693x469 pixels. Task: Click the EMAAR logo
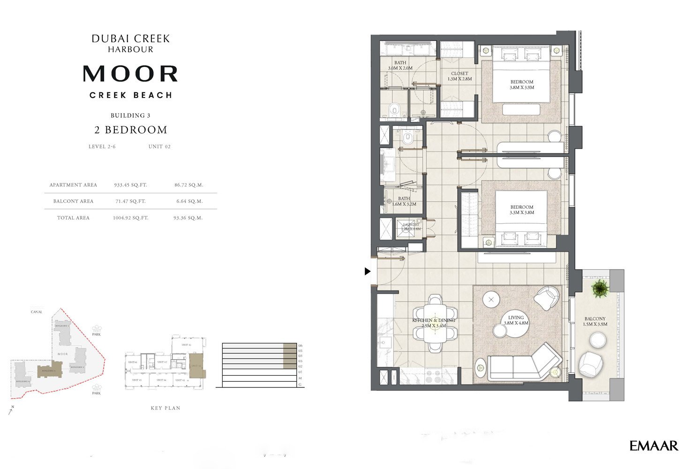click(x=654, y=446)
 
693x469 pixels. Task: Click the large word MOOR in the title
click(x=130, y=74)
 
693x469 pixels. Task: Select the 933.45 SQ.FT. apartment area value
click(x=130, y=185)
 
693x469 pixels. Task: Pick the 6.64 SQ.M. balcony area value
click(x=188, y=201)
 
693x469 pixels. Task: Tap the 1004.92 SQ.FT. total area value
click(x=130, y=218)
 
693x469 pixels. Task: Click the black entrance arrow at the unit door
click(x=368, y=271)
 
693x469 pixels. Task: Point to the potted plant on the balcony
click(x=600, y=288)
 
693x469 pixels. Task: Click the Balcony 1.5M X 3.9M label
click(x=595, y=321)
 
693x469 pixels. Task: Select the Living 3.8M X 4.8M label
click(x=516, y=320)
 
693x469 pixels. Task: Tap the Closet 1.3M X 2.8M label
click(x=459, y=76)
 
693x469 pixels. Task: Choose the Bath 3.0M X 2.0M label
click(x=400, y=65)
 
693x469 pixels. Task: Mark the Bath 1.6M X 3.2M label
click(x=404, y=201)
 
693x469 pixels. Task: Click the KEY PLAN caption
click(x=166, y=408)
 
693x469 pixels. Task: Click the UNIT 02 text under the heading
click(x=159, y=146)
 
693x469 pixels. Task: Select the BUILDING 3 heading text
click(x=130, y=115)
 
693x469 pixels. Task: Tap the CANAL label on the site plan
click(x=36, y=312)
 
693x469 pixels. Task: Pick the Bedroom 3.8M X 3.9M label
click(x=522, y=84)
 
